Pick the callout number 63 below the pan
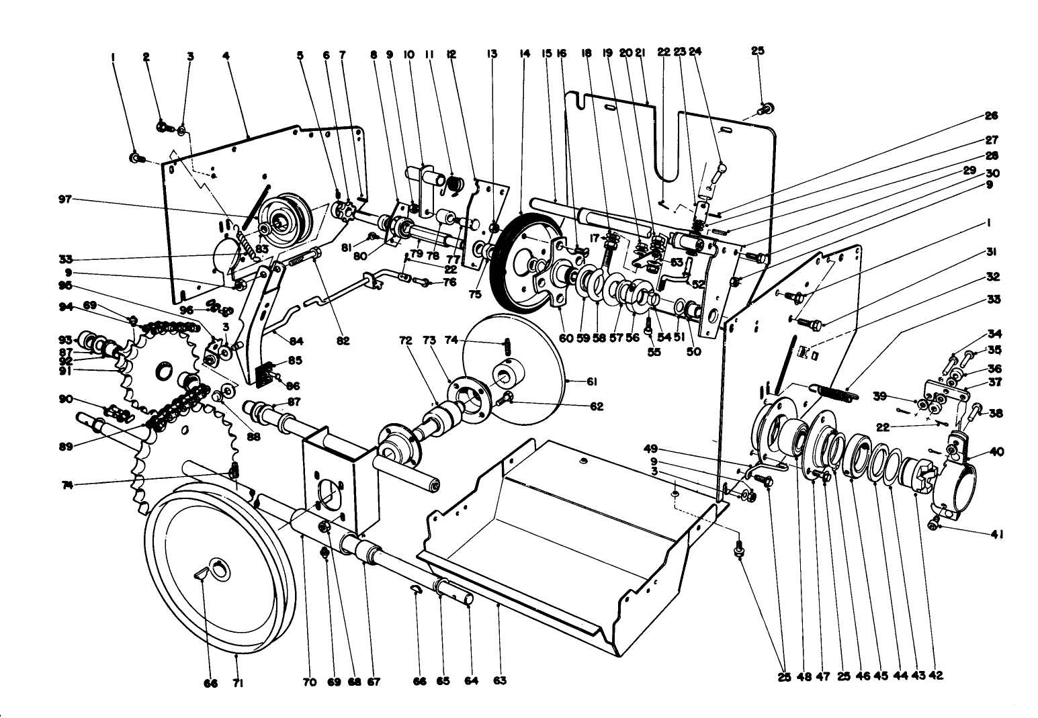(499, 681)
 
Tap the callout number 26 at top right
(991, 116)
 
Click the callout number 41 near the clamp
(996, 535)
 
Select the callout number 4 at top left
(226, 56)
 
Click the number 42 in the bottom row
(937, 676)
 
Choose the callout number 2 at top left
(146, 56)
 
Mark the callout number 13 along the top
(492, 54)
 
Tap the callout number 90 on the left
(65, 399)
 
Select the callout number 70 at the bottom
(308, 682)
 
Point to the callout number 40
(996, 452)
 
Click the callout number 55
(655, 351)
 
